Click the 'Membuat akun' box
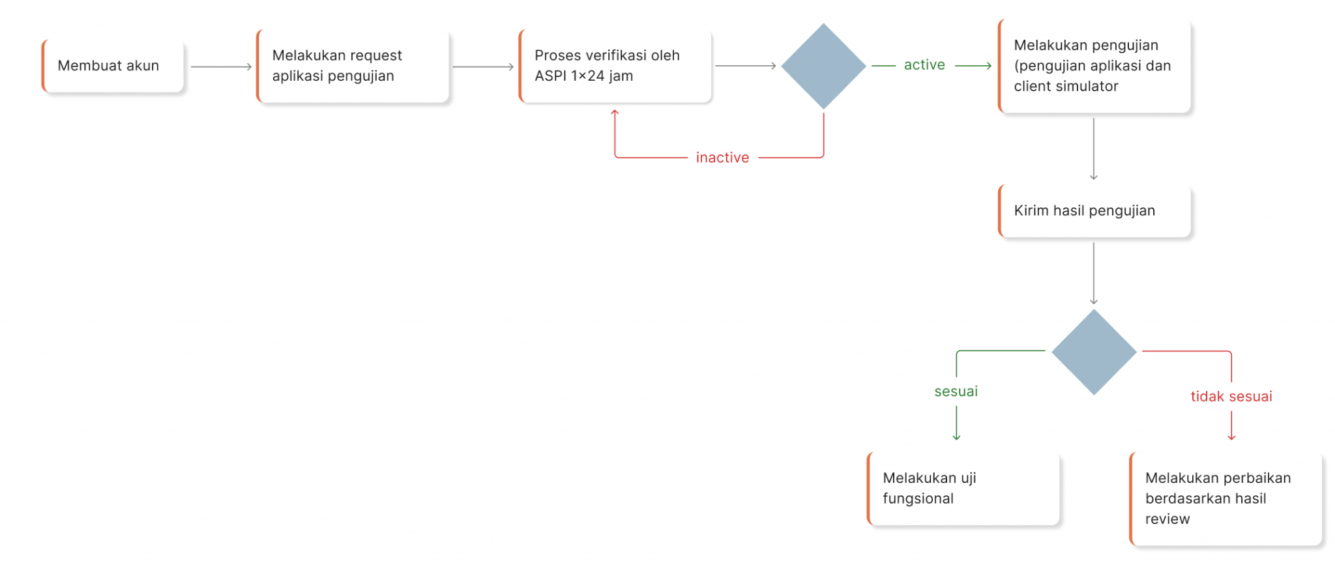(113, 66)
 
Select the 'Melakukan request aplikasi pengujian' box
(353, 66)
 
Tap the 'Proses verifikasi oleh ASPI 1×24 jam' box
(615, 66)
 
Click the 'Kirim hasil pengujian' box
(1094, 210)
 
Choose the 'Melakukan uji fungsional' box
(963, 488)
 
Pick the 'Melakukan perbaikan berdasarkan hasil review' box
(1225, 498)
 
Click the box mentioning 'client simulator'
(1094, 66)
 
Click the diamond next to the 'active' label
(823, 66)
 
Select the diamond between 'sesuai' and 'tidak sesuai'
(1094, 352)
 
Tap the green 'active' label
(924, 65)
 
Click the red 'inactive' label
(722, 158)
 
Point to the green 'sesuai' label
(956, 392)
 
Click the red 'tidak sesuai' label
(1231, 396)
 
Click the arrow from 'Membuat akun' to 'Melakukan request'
(221, 66)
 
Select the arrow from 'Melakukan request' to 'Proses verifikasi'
(483, 66)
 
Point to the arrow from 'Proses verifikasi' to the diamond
(745, 66)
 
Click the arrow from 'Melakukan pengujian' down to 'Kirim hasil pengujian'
(1094, 149)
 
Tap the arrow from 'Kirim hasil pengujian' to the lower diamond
(1094, 273)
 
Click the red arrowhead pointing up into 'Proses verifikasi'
(615, 114)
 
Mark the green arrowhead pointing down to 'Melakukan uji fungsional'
(956, 437)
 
